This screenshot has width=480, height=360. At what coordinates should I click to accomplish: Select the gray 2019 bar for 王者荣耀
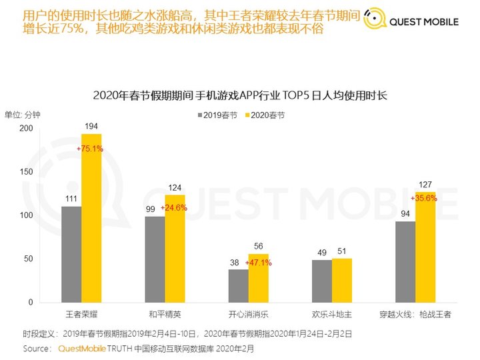point(71,254)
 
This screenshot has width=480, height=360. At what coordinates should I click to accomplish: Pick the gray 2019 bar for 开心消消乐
point(238,285)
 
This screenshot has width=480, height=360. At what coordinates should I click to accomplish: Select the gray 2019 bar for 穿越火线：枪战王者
point(405,261)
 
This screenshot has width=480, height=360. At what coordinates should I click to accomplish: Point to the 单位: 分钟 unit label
point(23,114)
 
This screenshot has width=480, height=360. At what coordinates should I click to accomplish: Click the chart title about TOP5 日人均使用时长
point(240,96)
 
